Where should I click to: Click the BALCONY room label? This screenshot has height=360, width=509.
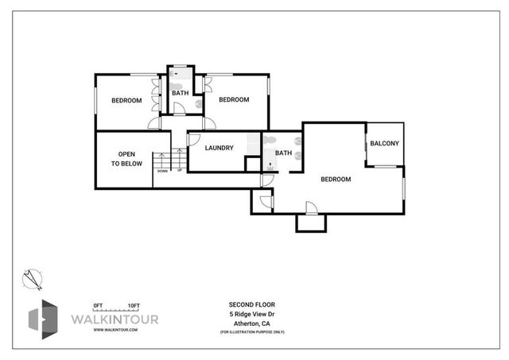tap(385, 143)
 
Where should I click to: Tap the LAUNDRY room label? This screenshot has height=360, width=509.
tap(219, 148)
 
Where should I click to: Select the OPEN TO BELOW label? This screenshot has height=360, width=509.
tap(126, 159)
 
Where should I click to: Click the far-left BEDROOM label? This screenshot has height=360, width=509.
tap(126, 100)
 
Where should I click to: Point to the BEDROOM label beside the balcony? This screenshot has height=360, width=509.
tap(336, 180)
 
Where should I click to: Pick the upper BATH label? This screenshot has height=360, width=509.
tap(181, 93)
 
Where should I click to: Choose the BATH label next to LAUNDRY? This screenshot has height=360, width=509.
tap(283, 153)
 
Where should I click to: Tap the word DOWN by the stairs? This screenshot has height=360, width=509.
tap(162, 171)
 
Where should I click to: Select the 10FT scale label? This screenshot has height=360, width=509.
tap(133, 306)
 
